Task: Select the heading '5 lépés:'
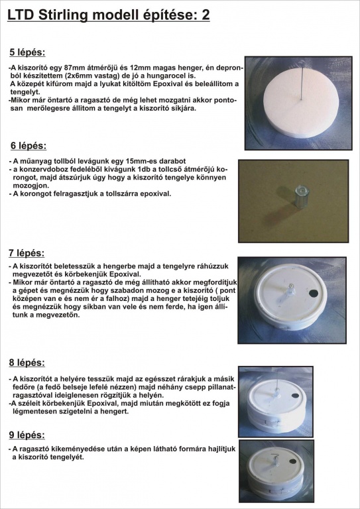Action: click(28, 52)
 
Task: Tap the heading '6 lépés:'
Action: click(29, 146)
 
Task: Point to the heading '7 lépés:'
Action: click(27, 253)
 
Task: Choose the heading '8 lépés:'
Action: click(27, 363)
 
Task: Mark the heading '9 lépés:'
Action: click(27, 435)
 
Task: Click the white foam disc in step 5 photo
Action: click(301, 103)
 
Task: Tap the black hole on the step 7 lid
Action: click(313, 294)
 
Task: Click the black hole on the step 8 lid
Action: click(296, 396)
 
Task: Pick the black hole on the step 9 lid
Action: click(292, 461)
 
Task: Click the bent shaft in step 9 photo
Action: click(276, 460)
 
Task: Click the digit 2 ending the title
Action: click(206, 15)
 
